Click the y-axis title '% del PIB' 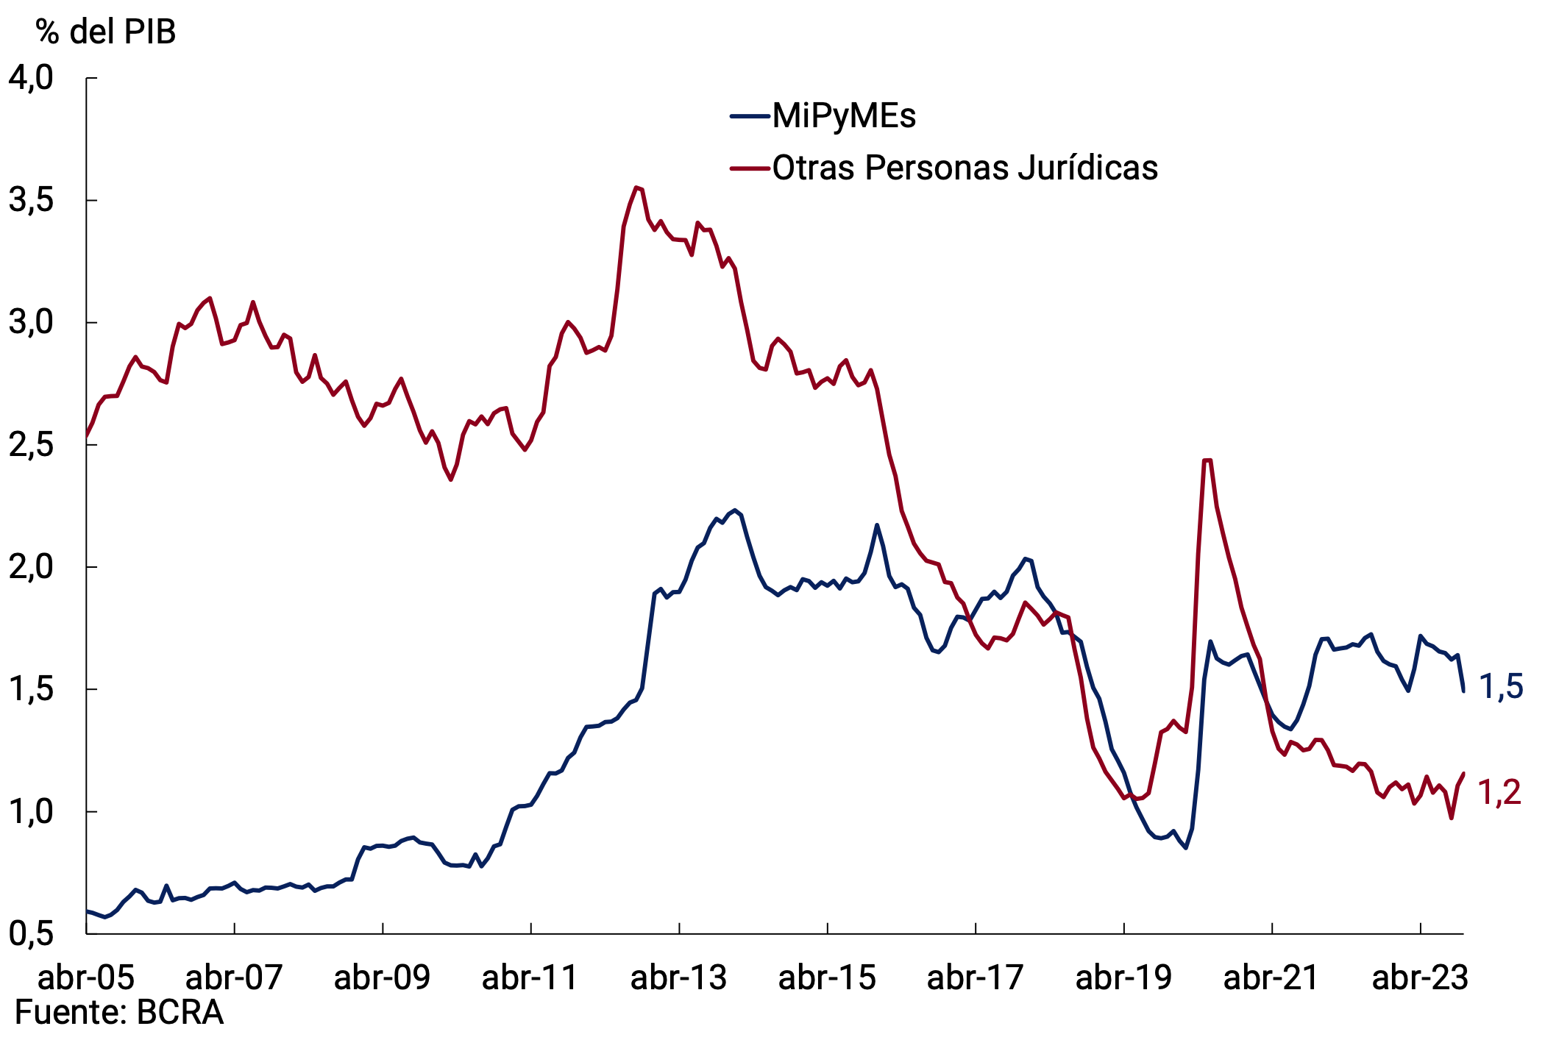coord(106,32)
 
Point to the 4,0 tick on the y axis coord(31,78)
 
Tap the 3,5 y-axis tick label coord(31,200)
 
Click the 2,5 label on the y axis coord(31,445)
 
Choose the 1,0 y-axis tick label coord(31,812)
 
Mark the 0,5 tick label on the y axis coord(31,933)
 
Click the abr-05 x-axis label coord(86,978)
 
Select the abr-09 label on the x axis coord(382,978)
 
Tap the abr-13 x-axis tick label coord(678,978)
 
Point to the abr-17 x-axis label coord(975,978)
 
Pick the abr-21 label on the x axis coord(1271,978)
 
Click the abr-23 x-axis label coord(1420,978)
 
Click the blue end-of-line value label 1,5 coord(1501,687)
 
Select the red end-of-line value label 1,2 coord(1499,793)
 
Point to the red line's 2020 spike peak coord(1207,460)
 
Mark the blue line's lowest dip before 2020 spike coord(1186,848)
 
